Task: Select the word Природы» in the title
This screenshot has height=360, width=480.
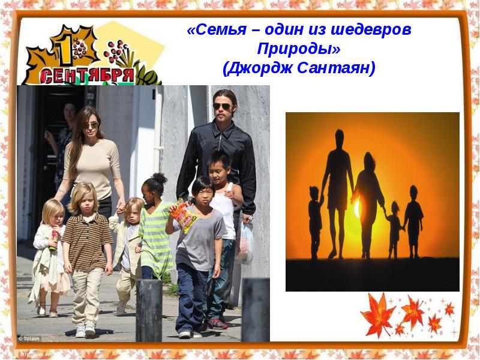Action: tap(298, 49)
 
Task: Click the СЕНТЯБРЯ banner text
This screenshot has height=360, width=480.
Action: tap(87, 75)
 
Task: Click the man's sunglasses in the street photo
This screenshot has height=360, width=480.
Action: tap(223, 106)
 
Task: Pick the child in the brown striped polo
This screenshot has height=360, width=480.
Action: tap(88, 240)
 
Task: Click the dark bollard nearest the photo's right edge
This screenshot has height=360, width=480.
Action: tap(256, 309)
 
